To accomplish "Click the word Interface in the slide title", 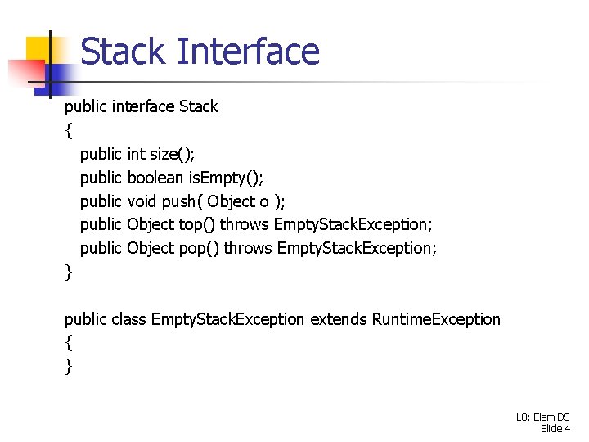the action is point(248,52).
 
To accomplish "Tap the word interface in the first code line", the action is point(142,106).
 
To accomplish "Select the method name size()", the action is point(172,154).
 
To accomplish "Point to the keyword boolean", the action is point(155,178).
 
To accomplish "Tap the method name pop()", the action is point(199,248).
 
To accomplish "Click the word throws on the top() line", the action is point(245,224).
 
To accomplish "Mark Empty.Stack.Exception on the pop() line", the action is point(357,248).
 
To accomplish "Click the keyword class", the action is point(128,319).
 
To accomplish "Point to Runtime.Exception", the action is point(436,319).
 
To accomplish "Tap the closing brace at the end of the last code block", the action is point(69,367).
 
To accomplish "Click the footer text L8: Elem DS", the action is point(543,417).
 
